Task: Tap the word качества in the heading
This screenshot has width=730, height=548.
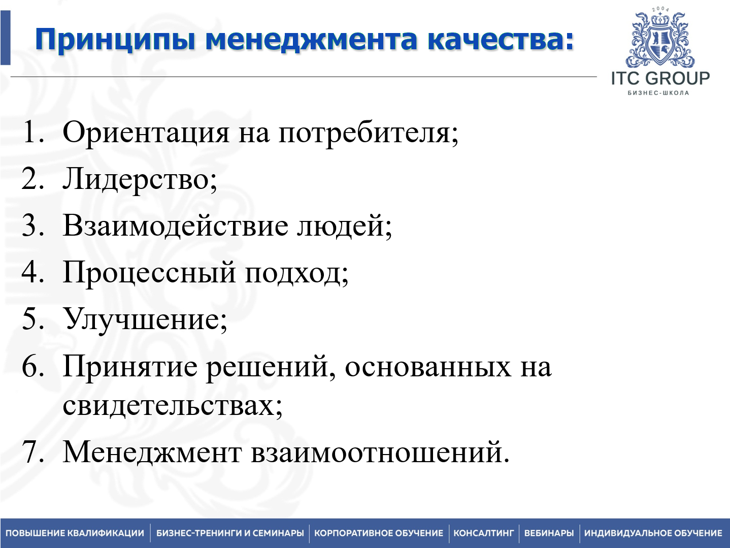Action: pos(500,39)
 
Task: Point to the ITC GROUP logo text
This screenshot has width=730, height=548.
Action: pos(660,78)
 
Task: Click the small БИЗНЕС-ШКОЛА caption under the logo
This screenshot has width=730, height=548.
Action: pos(658,93)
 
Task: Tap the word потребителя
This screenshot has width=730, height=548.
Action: pos(368,133)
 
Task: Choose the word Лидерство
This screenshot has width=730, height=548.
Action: pos(139,179)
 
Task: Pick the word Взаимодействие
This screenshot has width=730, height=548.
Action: pos(175,225)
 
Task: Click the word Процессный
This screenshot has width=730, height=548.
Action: pos(149,273)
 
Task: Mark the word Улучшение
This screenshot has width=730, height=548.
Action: pos(144,320)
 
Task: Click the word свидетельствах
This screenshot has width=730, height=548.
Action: pos(172,405)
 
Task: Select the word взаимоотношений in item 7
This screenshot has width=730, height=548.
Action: pos(379,452)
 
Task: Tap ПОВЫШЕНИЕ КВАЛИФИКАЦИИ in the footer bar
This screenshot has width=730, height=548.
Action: pos(75,533)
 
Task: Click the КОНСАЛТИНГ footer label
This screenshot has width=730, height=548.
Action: pos(483,533)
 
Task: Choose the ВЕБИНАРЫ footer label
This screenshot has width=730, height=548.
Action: pos(549,533)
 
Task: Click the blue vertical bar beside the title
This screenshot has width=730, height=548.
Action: pos(5,38)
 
